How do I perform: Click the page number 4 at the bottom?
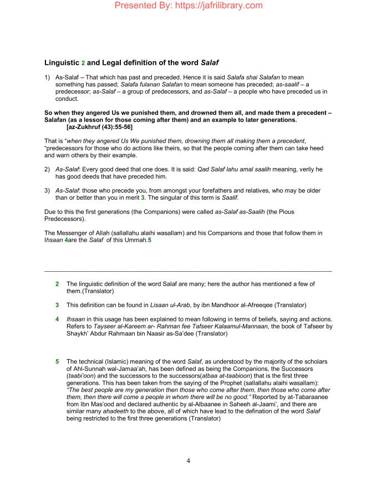(188, 460)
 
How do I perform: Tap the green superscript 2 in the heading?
(82, 64)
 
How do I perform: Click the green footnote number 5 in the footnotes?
(57, 361)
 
